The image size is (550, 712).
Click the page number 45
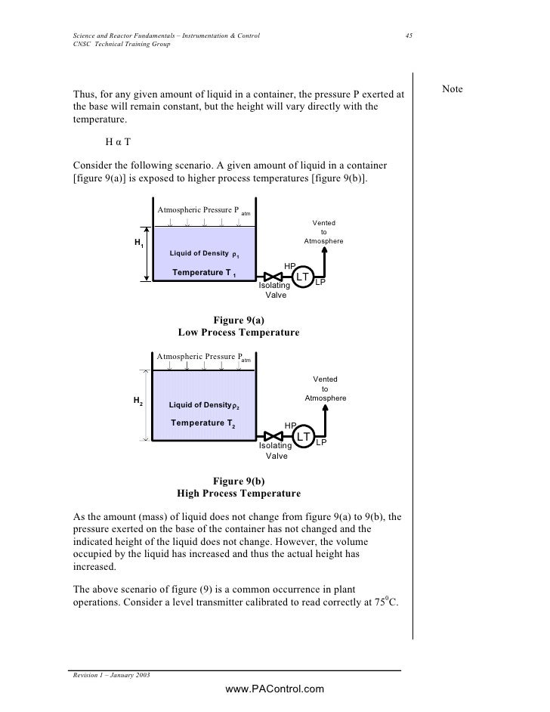coord(408,36)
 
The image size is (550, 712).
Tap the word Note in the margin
coord(452,90)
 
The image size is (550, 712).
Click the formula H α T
coord(119,141)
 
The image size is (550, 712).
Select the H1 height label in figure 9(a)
coord(139,243)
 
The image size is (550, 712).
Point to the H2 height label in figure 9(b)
coord(138,400)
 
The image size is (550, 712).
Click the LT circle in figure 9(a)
coord(302,277)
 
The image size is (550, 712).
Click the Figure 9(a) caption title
coord(238,320)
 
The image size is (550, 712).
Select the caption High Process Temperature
coord(238,494)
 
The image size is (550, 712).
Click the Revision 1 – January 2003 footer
coord(109,674)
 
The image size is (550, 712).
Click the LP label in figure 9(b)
coord(321,442)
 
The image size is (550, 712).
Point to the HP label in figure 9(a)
coord(289,265)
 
